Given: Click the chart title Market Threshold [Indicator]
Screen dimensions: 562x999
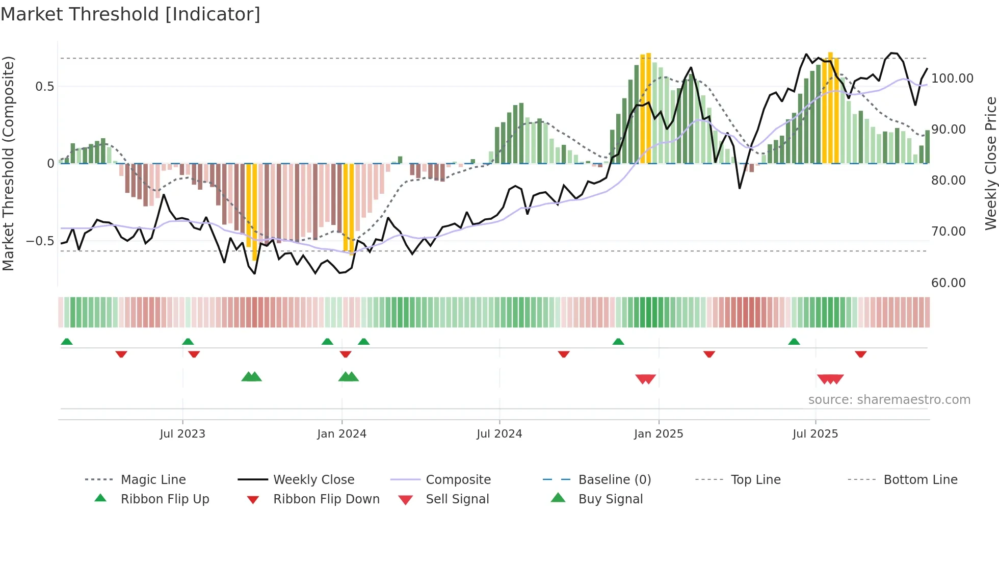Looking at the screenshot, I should [x=130, y=14].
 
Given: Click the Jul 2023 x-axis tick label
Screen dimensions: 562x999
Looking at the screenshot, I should [x=182, y=434].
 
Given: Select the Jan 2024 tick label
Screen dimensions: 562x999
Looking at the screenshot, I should [x=341, y=434].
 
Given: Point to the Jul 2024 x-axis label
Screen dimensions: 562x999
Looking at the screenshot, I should [x=499, y=434].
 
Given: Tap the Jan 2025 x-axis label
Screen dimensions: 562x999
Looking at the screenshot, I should [x=659, y=434].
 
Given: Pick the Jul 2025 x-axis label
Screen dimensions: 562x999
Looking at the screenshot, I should [x=815, y=434].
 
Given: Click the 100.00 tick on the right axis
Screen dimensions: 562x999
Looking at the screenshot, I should [x=952, y=79].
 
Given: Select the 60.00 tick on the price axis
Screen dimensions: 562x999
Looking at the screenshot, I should [x=948, y=283].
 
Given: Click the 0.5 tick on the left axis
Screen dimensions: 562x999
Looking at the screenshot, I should [x=44, y=87].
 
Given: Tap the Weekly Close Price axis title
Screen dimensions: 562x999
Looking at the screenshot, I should [x=990, y=163].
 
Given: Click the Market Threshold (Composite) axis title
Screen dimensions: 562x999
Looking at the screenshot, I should [x=8, y=163].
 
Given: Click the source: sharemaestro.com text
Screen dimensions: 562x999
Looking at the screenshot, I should [x=889, y=400].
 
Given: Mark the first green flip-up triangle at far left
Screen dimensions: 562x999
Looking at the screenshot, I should [x=67, y=342].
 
